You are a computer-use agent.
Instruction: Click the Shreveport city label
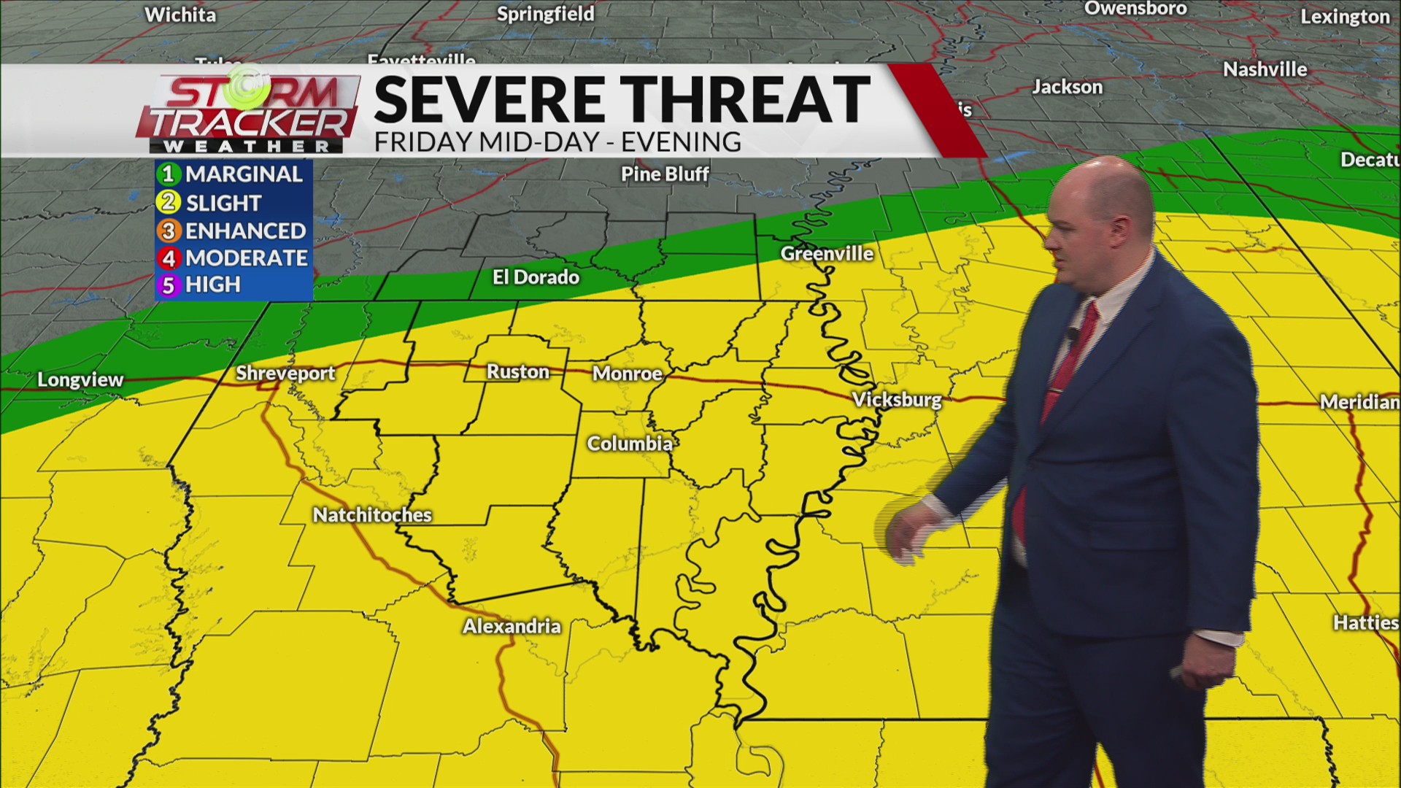click(285, 374)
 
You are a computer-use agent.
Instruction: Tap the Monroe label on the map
click(627, 374)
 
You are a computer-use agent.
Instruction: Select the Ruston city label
click(518, 372)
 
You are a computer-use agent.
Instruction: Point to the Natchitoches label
click(372, 515)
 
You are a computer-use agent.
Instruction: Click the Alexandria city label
click(512, 626)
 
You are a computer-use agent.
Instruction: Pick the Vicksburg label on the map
click(898, 400)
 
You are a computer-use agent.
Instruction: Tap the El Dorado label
click(536, 277)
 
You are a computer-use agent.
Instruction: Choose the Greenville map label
click(827, 254)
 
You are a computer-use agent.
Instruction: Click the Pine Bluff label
click(665, 174)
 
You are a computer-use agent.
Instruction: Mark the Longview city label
click(80, 379)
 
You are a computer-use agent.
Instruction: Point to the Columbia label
click(630, 444)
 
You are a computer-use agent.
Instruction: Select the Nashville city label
click(1265, 70)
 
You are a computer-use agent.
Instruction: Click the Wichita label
click(180, 15)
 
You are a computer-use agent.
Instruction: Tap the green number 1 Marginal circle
click(169, 174)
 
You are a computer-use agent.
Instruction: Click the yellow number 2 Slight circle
click(169, 203)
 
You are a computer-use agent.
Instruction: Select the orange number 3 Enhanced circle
click(169, 231)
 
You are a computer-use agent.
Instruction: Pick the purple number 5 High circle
click(169, 285)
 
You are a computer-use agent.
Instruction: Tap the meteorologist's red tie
click(1065, 379)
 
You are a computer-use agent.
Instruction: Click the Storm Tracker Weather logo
click(248, 113)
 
